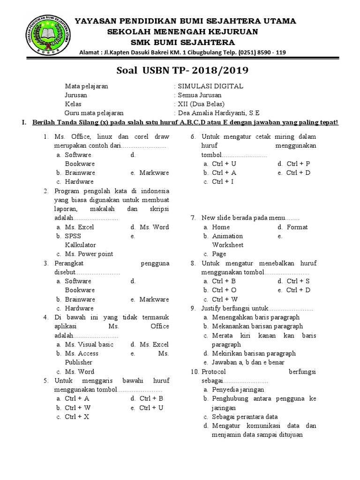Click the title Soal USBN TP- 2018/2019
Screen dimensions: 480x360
(182, 70)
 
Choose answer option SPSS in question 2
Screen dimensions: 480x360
(73, 236)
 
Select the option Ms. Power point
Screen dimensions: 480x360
(89, 254)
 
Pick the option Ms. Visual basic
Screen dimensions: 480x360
(89, 345)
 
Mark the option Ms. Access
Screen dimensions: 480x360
(82, 353)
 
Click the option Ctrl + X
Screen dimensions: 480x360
(77, 417)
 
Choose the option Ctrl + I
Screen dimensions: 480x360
(223, 181)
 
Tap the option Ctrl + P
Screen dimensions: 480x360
(298, 164)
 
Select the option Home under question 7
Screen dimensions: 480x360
(220, 227)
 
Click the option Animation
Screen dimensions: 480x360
(227, 236)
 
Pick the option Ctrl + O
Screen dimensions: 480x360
(224, 290)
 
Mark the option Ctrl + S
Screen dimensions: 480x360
(298, 281)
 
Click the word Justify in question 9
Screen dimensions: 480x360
(212, 308)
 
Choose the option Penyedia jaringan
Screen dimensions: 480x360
(238, 390)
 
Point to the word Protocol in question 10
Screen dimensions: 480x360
(214, 372)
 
